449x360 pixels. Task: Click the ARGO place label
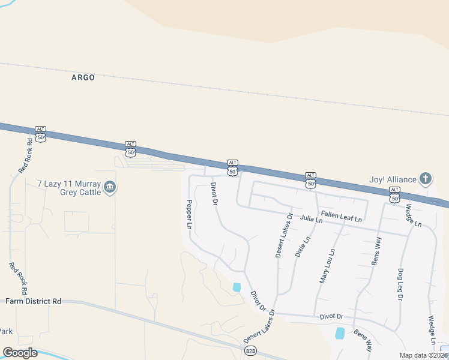point(83,77)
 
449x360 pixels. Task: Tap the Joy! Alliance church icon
point(425,178)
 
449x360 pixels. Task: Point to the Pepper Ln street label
point(188,215)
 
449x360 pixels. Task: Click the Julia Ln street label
point(312,220)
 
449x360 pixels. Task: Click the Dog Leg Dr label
point(400,283)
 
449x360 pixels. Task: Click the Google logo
point(20,353)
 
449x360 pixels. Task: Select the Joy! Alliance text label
point(393,179)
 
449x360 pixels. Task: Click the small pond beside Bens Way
point(340,333)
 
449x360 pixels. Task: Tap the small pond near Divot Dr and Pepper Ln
point(237,287)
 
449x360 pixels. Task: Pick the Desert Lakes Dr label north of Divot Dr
point(283,235)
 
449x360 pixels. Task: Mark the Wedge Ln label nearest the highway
point(413,215)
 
